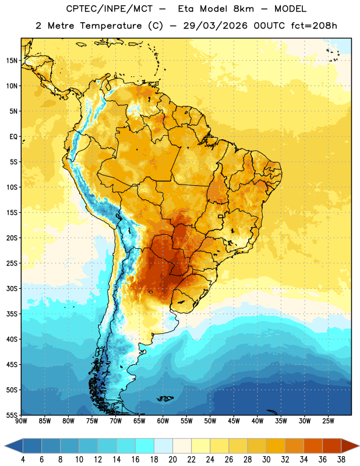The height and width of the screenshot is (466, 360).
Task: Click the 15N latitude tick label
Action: pos(12,61)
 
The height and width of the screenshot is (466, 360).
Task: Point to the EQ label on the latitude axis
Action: pos(13,137)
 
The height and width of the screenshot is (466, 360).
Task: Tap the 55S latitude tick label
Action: pos(12,415)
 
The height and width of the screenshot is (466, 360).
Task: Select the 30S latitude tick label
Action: pos(12,288)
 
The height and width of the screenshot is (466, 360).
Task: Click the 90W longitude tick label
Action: pos(21,421)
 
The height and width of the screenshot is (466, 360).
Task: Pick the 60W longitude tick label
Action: pos(163,421)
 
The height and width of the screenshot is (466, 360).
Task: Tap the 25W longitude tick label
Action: pos(328,421)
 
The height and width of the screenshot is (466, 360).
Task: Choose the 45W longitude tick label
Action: pos(234,421)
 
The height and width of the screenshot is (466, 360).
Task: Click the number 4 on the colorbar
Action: pos(23,460)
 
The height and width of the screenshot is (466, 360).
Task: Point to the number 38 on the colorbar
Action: pos(341,460)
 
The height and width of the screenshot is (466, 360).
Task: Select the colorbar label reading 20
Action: pos(172,460)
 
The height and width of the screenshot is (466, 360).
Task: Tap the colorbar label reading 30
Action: pos(266,460)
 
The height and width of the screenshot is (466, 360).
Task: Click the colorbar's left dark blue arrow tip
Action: pos(5,446)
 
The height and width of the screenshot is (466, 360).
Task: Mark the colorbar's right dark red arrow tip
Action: pos(359,446)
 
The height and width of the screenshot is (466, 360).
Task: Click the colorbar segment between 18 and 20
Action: pos(163,446)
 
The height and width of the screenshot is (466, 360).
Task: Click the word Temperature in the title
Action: pos(111,26)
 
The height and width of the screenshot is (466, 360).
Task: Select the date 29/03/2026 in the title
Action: pos(215,26)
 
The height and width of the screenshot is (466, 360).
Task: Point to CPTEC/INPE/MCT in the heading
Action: pos(109,9)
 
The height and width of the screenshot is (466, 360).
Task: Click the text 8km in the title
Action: pos(243,9)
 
